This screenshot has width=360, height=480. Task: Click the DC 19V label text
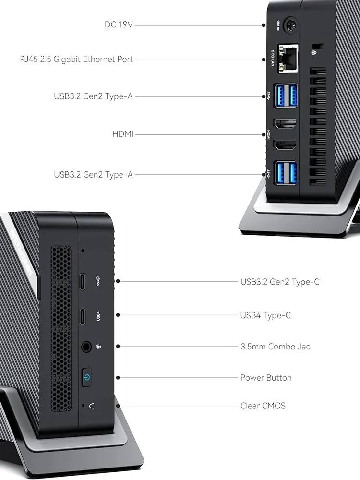(119, 24)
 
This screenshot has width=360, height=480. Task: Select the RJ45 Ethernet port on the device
(288, 59)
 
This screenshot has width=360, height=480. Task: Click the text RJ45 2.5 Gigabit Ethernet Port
(76, 59)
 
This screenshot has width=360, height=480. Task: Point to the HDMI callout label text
(123, 134)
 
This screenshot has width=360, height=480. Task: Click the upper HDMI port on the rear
(285, 124)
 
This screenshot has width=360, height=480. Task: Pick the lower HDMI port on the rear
(285, 145)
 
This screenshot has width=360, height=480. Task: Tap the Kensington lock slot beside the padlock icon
(319, 46)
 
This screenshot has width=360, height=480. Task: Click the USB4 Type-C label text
(265, 315)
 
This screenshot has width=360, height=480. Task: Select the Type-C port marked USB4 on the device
(83, 315)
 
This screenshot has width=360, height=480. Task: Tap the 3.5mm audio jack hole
(86, 347)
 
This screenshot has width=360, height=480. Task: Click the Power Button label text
(266, 377)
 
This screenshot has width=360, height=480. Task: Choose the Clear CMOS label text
(263, 406)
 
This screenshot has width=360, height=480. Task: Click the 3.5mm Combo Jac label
(275, 347)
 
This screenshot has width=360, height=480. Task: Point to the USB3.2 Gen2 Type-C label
(280, 282)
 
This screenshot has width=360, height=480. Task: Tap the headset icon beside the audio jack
(98, 347)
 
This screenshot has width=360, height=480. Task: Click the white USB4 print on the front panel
(98, 316)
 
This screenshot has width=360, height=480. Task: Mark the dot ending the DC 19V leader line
(264, 25)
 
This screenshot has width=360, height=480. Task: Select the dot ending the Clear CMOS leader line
(118, 406)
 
